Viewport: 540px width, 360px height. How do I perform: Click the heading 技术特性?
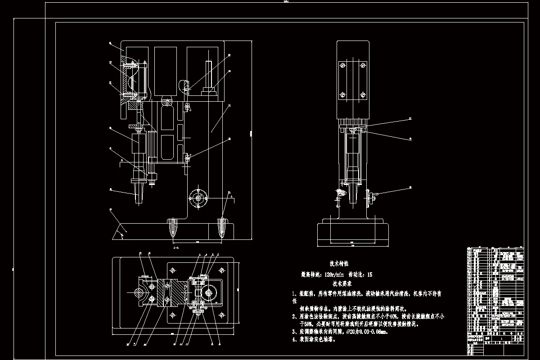[339, 264]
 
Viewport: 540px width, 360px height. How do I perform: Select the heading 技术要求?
[342, 284]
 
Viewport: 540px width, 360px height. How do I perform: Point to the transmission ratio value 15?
[369, 274]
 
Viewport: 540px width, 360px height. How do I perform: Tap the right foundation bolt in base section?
[222, 227]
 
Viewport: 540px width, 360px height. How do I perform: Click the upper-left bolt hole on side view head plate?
[342, 66]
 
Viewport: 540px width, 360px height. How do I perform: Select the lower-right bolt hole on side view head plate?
[363, 95]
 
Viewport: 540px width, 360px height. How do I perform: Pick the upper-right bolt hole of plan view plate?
[221, 270]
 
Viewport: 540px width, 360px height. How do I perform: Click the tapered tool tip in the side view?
[352, 196]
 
